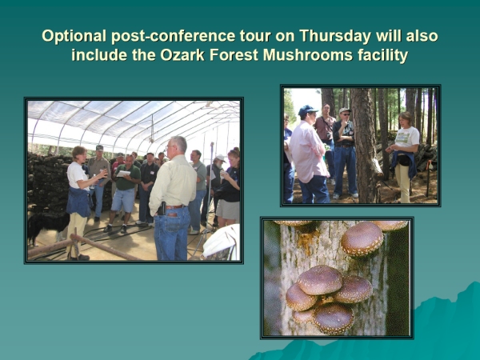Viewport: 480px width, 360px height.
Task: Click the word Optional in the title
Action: pyautogui.click(x=74, y=36)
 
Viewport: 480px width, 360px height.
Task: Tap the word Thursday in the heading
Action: pyautogui.click(x=335, y=35)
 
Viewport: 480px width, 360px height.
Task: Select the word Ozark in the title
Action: pyautogui.click(x=182, y=55)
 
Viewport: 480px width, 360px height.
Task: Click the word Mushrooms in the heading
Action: pyautogui.click(x=308, y=55)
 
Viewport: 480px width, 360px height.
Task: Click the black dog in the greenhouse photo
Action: pyautogui.click(x=46, y=225)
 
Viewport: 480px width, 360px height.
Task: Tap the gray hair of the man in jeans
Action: pyautogui.click(x=178, y=143)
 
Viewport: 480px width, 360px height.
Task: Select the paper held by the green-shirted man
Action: pyautogui.click(x=124, y=174)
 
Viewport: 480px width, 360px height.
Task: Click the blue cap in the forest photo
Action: pyautogui.click(x=307, y=110)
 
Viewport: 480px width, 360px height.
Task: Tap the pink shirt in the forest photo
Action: pyautogui.click(x=308, y=151)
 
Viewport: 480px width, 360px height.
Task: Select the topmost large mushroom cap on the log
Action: pyautogui.click(x=362, y=238)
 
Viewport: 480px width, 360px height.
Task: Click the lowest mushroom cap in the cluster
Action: pyautogui.click(x=333, y=318)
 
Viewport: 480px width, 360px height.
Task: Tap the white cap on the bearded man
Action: pyautogui.click(x=219, y=158)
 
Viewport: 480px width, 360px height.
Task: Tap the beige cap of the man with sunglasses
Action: pyautogui.click(x=344, y=110)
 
